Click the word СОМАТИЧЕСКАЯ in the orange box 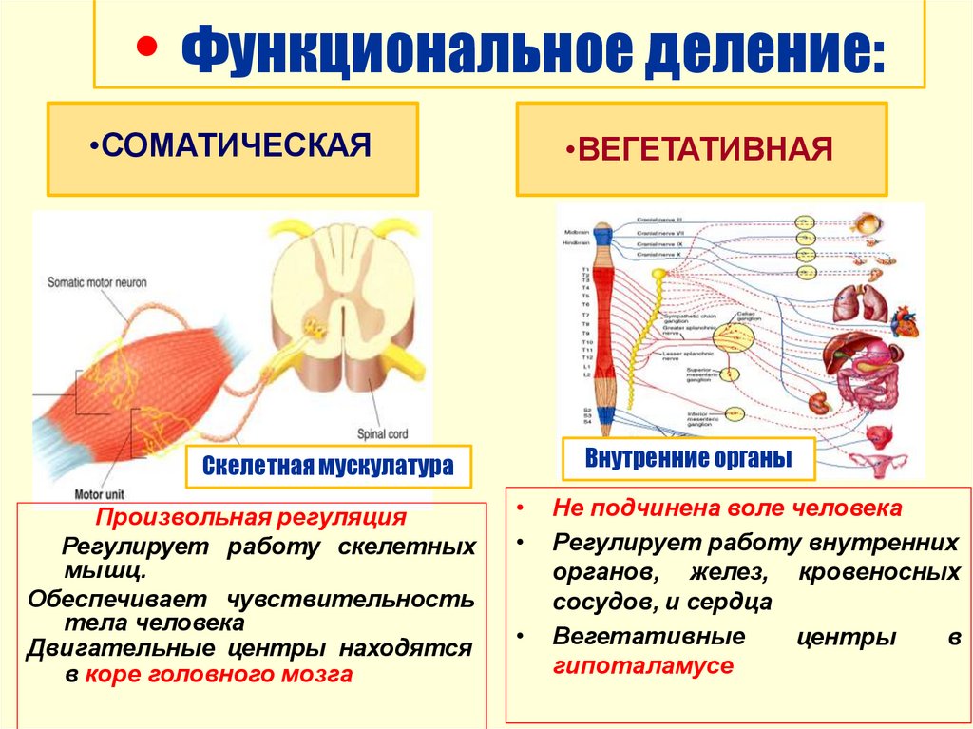pos(236,146)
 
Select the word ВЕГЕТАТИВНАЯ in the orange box pos(706,149)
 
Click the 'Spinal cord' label pos(384,434)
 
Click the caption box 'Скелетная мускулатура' pos(328,467)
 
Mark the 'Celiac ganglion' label pos(751,317)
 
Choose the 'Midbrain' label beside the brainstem pos(576,232)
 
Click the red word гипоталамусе pos(643,666)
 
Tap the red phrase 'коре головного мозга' pos(218,675)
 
